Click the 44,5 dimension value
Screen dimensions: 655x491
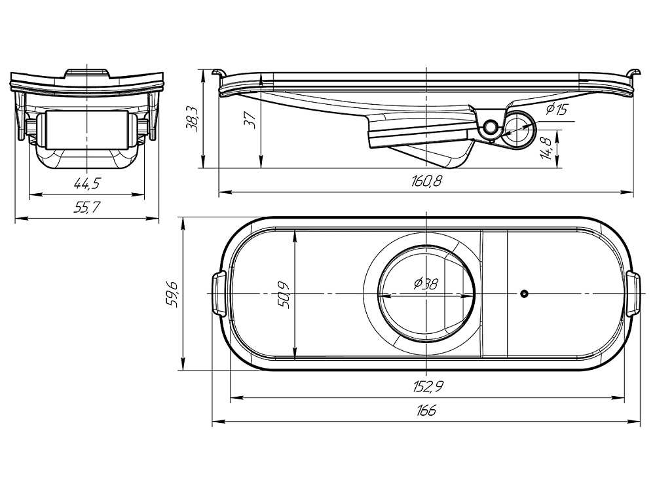tap(87, 183)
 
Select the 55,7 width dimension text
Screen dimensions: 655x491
tap(87, 207)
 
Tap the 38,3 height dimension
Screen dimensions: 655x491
tap(193, 119)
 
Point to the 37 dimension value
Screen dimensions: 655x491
tap(251, 120)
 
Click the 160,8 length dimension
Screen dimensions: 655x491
tap(426, 181)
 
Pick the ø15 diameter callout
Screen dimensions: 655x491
tap(557, 109)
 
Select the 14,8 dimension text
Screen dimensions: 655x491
tap(546, 148)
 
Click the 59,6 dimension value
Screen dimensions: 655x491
tap(173, 295)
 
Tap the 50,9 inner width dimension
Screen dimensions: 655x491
tap(286, 295)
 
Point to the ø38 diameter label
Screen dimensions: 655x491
tap(426, 284)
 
